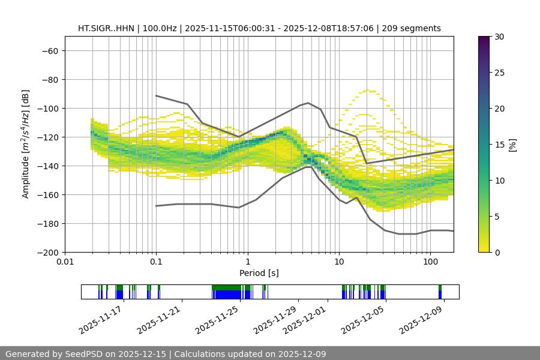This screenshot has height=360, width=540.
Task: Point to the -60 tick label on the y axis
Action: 49,50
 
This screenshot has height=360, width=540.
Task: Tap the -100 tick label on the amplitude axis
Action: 46,108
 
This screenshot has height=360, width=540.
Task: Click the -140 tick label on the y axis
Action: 46,166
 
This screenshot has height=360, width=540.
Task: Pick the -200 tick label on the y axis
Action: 46,252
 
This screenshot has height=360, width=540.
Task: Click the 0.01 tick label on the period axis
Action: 65,262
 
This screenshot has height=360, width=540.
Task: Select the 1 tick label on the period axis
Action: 247,262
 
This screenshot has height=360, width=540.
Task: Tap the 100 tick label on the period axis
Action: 430,262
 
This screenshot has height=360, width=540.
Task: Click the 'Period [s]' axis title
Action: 259,273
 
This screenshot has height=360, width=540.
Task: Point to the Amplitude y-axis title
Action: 25,144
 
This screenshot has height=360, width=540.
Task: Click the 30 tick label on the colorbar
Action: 499,37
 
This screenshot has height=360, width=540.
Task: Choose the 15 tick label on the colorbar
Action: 499,145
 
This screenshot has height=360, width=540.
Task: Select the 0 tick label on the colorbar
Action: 496,252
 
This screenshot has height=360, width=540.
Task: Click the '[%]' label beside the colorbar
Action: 512,145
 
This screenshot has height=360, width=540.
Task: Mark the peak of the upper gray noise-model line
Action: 308,103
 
